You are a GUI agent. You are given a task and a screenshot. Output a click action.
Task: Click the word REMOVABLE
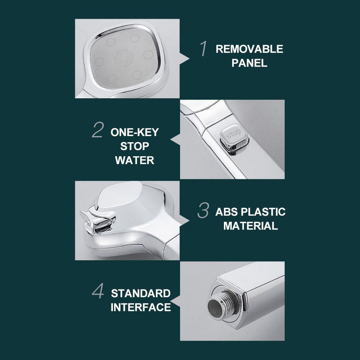click(x=249, y=49)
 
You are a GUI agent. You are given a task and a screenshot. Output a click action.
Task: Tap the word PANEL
click(x=249, y=63)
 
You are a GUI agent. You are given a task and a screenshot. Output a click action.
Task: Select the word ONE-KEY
click(x=135, y=132)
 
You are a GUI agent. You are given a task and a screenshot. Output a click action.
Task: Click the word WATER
click(x=135, y=160)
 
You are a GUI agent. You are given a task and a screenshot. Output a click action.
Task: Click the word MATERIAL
click(x=251, y=226)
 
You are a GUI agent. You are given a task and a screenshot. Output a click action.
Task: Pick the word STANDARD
click(x=141, y=293)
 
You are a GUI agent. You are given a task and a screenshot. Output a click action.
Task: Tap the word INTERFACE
click(x=141, y=307)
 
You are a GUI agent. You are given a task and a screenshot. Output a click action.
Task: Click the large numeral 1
click(x=203, y=49)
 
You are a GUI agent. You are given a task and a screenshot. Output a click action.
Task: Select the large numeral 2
click(x=98, y=130)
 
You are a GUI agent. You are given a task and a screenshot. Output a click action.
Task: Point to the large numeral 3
click(x=203, y=210)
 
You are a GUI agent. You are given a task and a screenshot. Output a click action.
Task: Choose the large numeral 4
click(x=98, y=291)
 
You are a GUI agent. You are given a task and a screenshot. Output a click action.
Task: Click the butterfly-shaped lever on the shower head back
click(x=98, y=219)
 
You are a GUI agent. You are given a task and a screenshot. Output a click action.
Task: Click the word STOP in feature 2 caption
click(x=135, y=146)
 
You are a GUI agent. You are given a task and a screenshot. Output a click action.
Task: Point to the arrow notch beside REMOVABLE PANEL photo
click(x=184, y=59)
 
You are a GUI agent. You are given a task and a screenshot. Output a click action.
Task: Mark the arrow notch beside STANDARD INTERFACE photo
click(x=175, y=301)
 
